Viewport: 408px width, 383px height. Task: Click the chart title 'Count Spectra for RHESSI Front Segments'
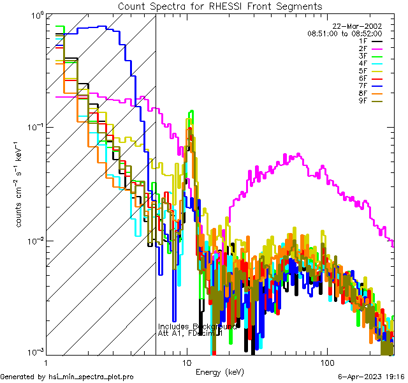pyautogui.click(x=220, y=6)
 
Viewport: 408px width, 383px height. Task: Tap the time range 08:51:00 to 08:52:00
pyautogui.click(x=344, y=33)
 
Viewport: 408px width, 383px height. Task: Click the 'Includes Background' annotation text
pyautogui.click(x=196, y=326)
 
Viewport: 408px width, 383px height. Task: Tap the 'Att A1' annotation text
pyautogui.click(x=171, y=333)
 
